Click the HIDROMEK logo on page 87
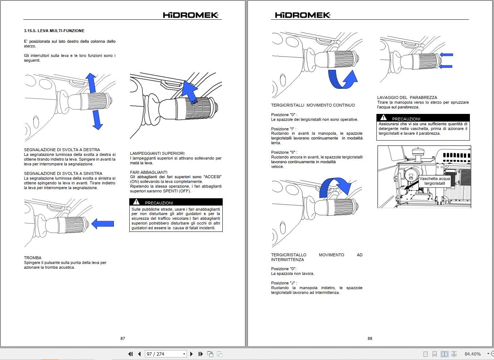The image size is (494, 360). click(x=190, y=15)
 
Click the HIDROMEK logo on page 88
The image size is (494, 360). click(x=302, y=15)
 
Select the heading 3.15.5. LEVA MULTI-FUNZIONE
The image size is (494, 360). click(x=54, y=31)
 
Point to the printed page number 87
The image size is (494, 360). click(x=123, y=338)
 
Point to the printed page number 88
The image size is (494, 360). click(x=370, y=338)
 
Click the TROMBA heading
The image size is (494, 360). click(x=32, y=258)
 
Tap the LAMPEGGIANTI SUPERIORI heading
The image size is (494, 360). click(x=157, y=153)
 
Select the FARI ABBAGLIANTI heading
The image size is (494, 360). click(x=149, y=172)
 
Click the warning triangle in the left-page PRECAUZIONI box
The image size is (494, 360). click(x=136, y=202)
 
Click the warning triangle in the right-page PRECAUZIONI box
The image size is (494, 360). click(x=383, y=118)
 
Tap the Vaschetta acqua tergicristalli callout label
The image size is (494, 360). click(x=434, y=181)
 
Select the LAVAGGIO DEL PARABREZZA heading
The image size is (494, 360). click(x=407, y=97)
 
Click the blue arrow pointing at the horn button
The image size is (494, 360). click(x=103, y=223)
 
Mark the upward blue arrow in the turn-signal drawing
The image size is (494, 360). click(x=91, y=83)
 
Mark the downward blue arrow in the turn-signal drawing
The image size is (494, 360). click(x=97, y=120)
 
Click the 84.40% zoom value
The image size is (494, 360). click(x=472, y=354)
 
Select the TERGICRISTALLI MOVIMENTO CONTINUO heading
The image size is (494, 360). click(x=313, y=105)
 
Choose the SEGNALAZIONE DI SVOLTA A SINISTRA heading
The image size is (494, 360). click(x=63, y=173)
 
